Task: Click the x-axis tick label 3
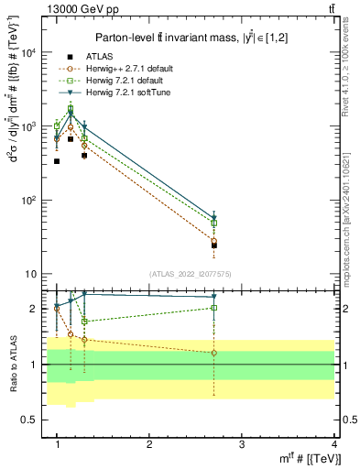(241, 443)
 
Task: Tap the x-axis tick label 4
(333, 443)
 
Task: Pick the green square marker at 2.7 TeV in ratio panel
(213, 308)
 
